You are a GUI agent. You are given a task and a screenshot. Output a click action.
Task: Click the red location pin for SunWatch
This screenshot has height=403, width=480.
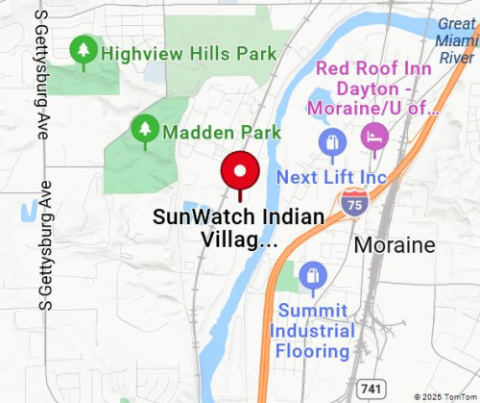click(x=240, y=174)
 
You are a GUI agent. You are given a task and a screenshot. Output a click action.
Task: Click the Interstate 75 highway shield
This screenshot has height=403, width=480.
click(x=352, y=202)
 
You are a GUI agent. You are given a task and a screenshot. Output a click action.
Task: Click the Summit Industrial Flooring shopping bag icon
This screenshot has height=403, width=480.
click(x=312, y=277)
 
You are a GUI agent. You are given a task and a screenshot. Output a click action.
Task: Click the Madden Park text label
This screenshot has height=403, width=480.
click(x=222, y=131)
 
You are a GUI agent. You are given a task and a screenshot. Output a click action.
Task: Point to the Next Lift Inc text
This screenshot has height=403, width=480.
click(x=330, y=177)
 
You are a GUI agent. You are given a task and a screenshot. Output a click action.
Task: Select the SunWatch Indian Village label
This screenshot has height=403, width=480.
click(x=238, y=228)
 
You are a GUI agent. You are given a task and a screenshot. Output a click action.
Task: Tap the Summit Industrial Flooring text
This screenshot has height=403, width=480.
click(x=312, y=330)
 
